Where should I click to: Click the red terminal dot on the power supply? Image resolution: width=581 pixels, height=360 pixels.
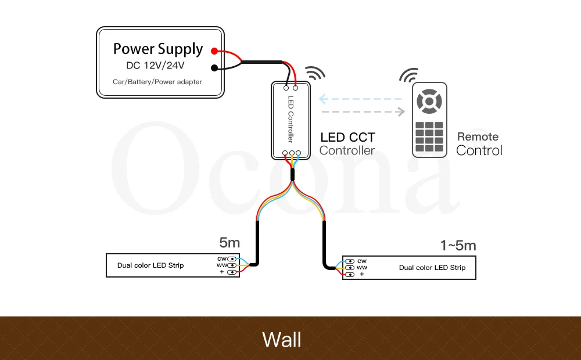coord(214,51)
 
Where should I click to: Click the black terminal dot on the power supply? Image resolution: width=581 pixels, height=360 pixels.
coord(214,68)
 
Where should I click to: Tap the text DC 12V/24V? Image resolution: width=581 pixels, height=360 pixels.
coord(155,66)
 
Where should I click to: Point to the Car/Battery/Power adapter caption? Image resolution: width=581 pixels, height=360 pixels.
coord(157,82)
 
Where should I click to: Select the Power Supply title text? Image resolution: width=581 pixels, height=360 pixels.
coord(158,49)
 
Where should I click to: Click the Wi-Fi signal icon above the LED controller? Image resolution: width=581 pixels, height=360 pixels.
coord(314,73)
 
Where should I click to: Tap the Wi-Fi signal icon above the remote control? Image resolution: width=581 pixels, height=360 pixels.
coord(409,75)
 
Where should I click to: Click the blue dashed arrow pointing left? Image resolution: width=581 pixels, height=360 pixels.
coord(360,99)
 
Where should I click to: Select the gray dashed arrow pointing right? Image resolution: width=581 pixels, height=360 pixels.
coord(363,111)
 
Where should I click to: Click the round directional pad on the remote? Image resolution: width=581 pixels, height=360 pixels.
coord(429,101)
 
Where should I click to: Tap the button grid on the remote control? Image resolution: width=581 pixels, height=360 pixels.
coord(429,136)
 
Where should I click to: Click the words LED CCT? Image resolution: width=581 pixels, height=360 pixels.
coord(347,138)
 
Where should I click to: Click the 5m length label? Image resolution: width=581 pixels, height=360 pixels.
coord(229,243)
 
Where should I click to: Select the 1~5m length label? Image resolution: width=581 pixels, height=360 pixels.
coord(458,246)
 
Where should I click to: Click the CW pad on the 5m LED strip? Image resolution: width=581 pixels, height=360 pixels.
coord(232,259)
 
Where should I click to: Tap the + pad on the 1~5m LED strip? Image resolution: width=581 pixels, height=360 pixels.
coord(349,275)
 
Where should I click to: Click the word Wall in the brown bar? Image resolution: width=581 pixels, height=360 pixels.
coord(282,340)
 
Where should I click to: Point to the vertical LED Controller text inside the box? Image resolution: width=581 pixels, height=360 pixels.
coord(290,119)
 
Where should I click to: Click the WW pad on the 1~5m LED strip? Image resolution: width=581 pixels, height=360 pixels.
coord(349,268)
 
